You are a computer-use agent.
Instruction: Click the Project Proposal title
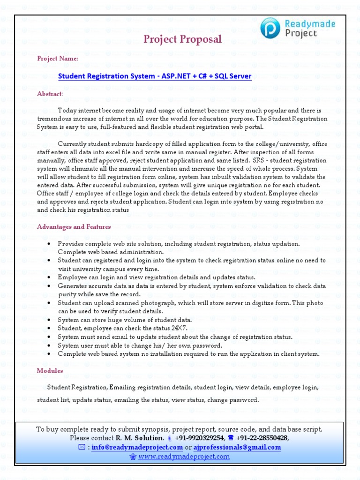(x=182, y=39)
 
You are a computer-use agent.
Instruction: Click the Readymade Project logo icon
(x=270, y=28)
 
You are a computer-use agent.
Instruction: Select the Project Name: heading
(x=58, y=59)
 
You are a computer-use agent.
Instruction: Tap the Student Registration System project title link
(x=155, y=76)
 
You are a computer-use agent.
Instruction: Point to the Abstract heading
(x=49, y=94)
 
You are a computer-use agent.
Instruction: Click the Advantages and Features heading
(x=74, y=227)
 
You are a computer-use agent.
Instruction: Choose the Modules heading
(x=50, y=371)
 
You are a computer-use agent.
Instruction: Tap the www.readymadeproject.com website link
(x=184, y=456)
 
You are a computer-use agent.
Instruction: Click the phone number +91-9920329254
(x=200, y=438)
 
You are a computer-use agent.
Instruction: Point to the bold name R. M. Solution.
(x=140, y=438)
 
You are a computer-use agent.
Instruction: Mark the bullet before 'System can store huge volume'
(x=50, y=320)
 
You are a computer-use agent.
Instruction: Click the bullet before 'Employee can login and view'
(x=50, y=277)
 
